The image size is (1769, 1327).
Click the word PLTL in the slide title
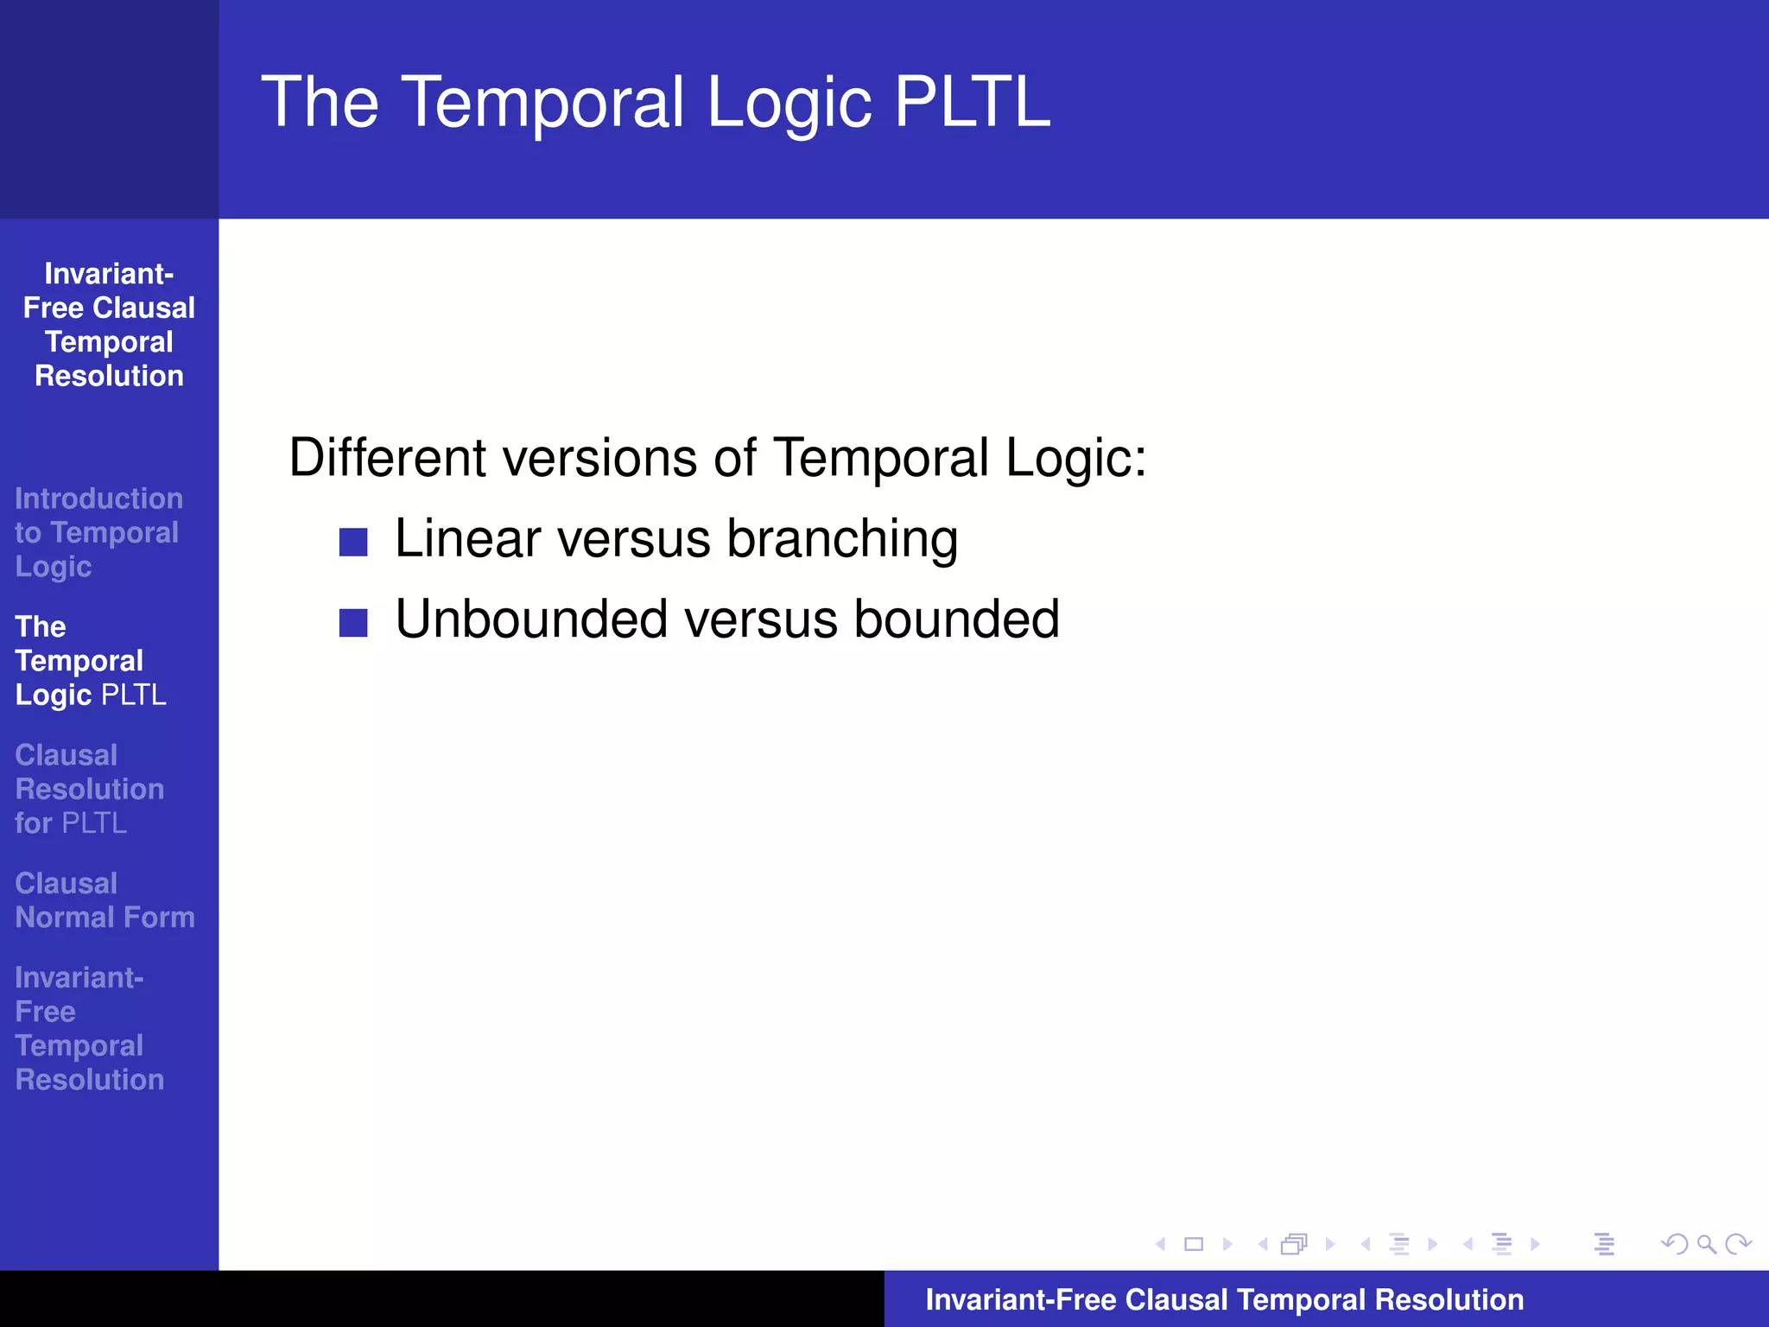[972, 102]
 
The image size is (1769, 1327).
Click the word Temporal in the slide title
[542, 102]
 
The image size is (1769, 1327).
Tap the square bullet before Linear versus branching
[353, 542]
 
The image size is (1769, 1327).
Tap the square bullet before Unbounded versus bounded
[353, 622]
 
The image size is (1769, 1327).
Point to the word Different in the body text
[387, 457]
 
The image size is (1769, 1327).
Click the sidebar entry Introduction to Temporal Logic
[97, 532]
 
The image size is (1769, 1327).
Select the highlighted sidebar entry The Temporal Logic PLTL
[90, 661]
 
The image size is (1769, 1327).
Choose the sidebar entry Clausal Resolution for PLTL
[89, 789]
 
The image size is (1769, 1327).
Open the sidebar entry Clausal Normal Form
[104, 900]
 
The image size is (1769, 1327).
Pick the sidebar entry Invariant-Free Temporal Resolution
[89, 1028]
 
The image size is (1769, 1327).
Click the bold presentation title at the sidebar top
[109, 325]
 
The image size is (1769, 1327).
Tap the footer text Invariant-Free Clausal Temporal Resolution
[1224, 1299]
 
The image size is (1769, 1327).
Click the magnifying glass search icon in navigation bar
[1706, 1244]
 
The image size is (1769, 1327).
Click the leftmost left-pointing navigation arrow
[1161, 1244]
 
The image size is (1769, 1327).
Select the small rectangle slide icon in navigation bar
[1194, 1244]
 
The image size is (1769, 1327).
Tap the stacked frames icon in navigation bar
[1294, 1244]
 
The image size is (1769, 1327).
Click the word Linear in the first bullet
[467, 539]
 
